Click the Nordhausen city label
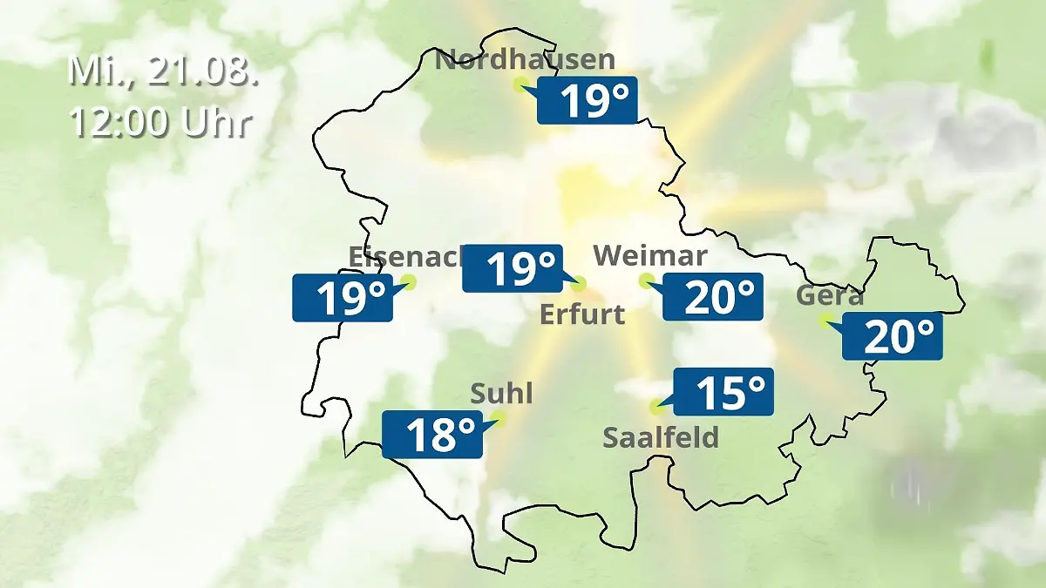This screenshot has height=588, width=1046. [525, 60]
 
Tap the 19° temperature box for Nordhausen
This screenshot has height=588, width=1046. [588, 100]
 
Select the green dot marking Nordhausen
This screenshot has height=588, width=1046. [520, 84]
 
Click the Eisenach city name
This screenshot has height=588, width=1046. [405, 256]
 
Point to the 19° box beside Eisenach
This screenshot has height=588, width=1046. [343, 298]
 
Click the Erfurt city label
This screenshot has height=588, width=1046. [582, 314]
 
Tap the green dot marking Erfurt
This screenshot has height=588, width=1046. [579, 283]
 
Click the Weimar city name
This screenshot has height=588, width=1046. [649, 255]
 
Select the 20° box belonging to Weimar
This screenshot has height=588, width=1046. [713, 296]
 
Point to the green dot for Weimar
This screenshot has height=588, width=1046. [646, 280]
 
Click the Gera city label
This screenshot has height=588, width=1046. [830, 296]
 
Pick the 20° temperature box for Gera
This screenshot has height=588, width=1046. [893, 335]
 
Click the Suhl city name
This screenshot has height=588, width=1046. [501, 394]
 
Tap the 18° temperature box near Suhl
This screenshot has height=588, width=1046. [432, 434]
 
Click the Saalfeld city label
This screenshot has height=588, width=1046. [661, 436]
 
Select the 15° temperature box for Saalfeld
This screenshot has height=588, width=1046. [724, 392]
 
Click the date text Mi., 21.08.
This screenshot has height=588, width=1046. [164, 71]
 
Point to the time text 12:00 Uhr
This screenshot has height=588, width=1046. [160, 123]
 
